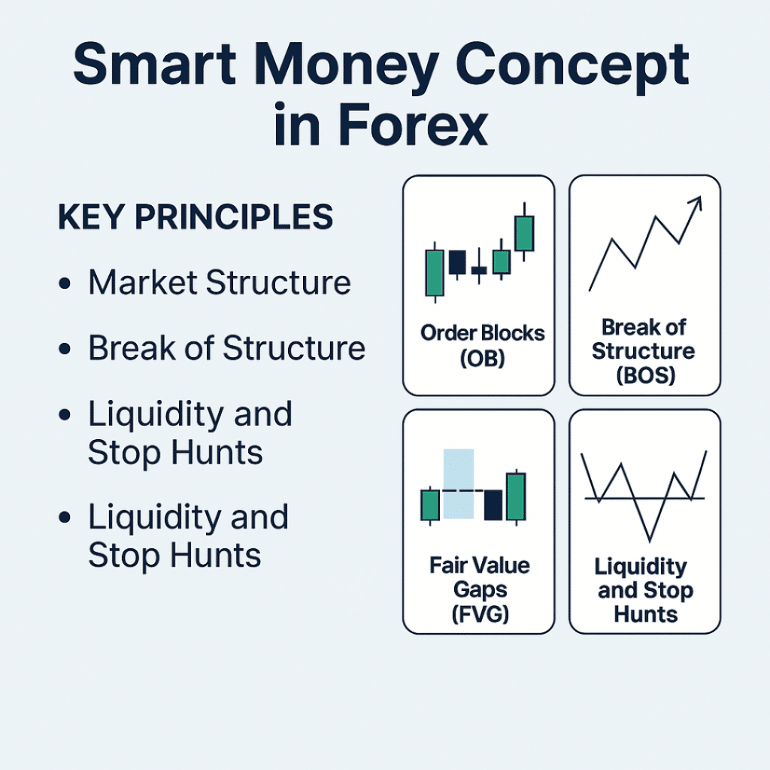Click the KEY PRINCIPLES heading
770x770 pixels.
(x=195, y=217)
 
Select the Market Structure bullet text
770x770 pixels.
(x=219, y=283)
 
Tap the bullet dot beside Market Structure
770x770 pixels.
(x=65, y=284)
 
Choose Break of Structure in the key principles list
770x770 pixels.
(x=226, y=349)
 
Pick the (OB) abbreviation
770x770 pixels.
(x=481, y=358)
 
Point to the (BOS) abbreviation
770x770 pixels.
(x=645, y=374)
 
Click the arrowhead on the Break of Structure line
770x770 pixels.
(x=696, y=202)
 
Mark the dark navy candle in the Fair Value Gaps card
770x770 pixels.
(x=493, y=504)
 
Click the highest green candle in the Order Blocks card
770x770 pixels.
(x=525, y=233)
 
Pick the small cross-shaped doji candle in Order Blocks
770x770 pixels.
(x=478, y=270)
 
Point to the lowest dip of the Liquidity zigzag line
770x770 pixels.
(x=649, y=538)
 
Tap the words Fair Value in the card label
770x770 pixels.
(x=480, y=565)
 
